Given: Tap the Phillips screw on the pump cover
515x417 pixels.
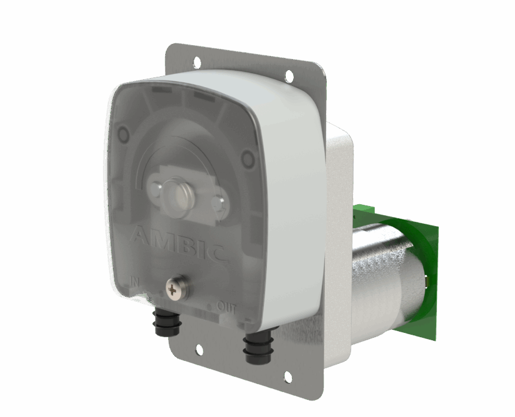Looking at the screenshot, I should coord(175,288).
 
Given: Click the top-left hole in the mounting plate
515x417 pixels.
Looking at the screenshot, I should coord(197,61).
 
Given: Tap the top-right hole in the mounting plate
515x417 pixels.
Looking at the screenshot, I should coord(289,76).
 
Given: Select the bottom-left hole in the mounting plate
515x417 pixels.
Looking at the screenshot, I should coord(199,349).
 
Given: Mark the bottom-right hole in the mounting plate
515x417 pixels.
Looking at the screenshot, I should coord(288,377).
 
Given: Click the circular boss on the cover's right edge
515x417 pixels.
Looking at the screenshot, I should coord(247,160).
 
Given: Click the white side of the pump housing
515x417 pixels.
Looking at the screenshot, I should coord(293,201).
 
